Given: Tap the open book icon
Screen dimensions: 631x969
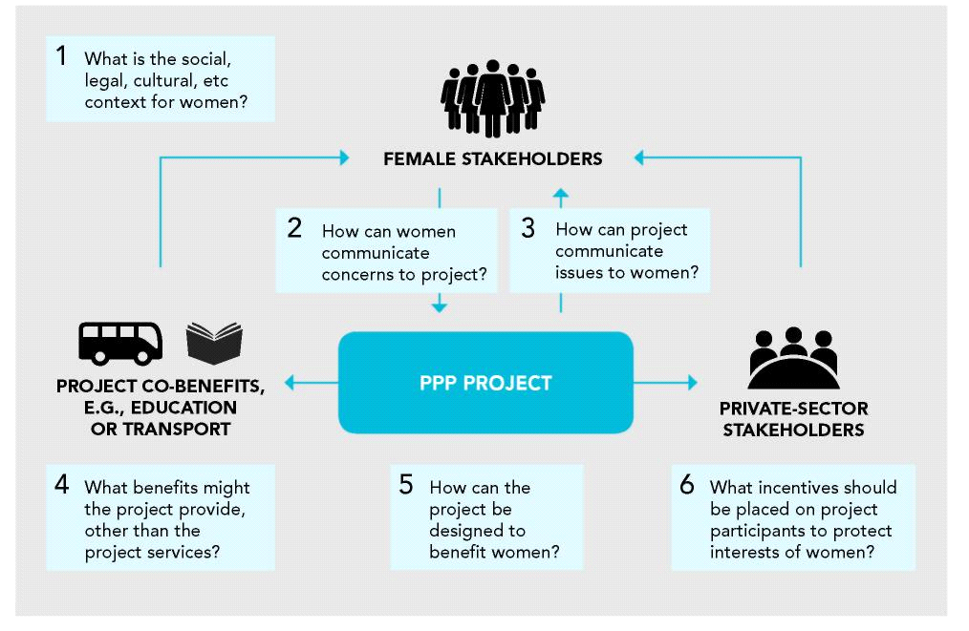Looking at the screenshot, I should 214,343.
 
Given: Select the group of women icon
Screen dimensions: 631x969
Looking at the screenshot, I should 492,97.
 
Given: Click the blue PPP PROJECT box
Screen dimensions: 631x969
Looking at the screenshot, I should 485,383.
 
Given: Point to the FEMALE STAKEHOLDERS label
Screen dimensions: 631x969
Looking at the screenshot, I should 492,158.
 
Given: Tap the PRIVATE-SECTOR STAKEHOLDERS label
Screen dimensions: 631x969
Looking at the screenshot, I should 793,419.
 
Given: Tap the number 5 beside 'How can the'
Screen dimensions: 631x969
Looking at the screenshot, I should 406,484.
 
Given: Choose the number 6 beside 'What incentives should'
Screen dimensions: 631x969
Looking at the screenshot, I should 687,484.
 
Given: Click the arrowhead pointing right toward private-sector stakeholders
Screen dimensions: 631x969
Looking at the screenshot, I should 692,383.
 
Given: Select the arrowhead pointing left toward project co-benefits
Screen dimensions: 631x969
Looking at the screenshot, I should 291,384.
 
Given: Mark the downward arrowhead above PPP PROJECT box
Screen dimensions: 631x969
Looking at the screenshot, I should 440,307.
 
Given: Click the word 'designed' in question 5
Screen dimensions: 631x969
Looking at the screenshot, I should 463,531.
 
